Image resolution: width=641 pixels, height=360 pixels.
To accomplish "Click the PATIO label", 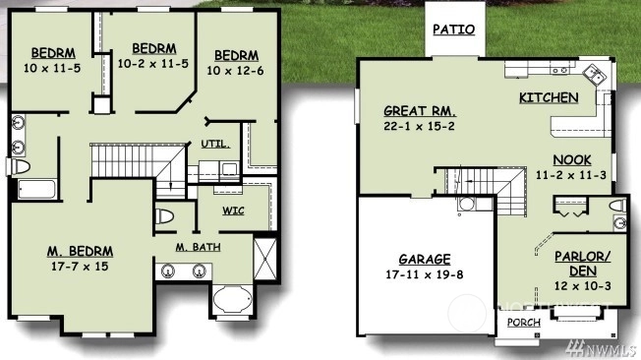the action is click(454, 30).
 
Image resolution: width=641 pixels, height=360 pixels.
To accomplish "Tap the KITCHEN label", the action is click(549, 97).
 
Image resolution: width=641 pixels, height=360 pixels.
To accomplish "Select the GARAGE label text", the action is click(425, 260).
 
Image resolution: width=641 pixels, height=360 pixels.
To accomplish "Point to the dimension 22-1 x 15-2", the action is click(419, 126).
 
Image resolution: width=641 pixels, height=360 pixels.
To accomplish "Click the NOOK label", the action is click(572, 160).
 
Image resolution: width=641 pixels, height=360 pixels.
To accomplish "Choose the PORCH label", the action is click(524, 323).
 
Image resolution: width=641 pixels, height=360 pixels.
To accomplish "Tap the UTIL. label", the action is click(215, 144).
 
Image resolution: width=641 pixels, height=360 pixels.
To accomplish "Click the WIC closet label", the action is click(233, 210).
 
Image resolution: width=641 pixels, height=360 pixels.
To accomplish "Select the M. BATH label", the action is click(199, 247).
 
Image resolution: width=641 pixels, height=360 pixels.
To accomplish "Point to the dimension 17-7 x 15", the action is click(80, 267).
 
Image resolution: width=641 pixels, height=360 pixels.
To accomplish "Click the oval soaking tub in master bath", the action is click(233, 300).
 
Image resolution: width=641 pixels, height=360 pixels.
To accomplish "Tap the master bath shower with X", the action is click(264, 259).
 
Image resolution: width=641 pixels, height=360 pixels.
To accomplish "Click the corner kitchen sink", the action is click(594, 76).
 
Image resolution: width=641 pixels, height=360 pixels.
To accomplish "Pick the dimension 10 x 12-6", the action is click(235, 71).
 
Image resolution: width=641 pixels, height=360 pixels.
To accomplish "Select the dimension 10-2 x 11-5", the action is click(153, 64).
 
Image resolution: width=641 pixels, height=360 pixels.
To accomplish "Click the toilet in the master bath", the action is click(164, 216).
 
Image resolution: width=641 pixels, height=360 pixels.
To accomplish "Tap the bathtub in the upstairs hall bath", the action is click(36, 190).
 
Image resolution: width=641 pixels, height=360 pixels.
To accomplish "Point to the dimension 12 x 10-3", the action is click(583, 285).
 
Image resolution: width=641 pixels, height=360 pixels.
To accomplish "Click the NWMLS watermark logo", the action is click(601, 348).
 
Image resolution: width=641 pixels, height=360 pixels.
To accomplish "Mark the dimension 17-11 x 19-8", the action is click(425, 274).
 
